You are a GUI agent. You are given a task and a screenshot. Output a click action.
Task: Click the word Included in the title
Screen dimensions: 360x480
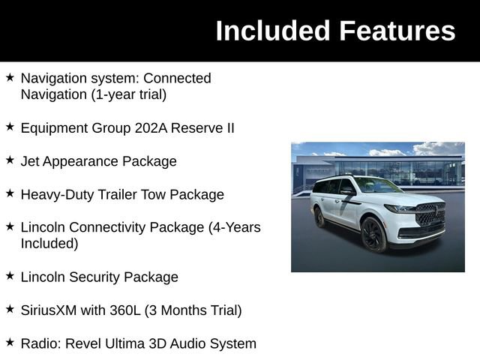(273, 31)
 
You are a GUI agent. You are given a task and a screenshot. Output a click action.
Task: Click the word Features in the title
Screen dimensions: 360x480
(397, 31)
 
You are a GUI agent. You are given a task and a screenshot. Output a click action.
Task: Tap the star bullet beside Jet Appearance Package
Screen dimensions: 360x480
(10, 160)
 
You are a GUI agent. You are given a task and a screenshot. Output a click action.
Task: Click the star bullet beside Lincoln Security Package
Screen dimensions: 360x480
(10, 276)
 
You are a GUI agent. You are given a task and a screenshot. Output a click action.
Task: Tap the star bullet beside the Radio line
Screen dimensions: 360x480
(10, 343)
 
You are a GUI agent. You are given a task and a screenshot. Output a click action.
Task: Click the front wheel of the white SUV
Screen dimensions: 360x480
(373, 235)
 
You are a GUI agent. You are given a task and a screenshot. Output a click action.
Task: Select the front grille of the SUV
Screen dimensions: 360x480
(430, 214)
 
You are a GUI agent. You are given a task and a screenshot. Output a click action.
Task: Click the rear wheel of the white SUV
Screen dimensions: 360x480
(319, 217)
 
